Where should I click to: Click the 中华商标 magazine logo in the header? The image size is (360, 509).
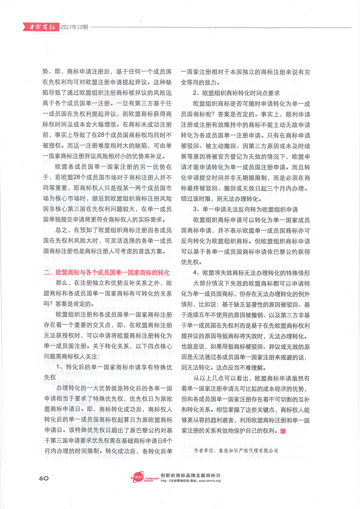42,27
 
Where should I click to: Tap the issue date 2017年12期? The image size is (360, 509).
75,27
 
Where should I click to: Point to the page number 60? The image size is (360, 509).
44,478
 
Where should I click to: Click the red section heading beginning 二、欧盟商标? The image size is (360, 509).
107,272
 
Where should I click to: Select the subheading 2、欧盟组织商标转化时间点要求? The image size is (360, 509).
236,93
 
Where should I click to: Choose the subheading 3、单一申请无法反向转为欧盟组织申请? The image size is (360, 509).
245,209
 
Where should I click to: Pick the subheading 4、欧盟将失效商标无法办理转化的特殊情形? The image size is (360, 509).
251,273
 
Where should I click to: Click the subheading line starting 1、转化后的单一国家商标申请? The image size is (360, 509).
114,367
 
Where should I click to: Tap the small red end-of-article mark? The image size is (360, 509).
283,431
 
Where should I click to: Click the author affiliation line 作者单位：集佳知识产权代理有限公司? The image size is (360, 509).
236,450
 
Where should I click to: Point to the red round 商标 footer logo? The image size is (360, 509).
137,478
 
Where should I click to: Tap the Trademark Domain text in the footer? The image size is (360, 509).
152,479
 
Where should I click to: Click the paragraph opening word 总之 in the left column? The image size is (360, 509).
62,230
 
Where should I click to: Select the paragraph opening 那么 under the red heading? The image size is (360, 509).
62,283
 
